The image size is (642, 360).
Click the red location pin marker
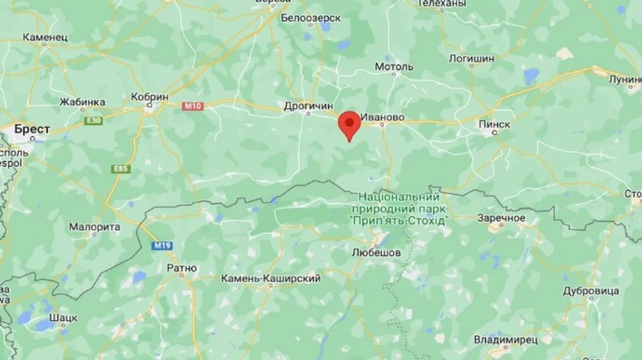click(x=349, y=125)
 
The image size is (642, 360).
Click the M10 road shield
click(x=193, y=106)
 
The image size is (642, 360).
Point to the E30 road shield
click(x=93, y=120)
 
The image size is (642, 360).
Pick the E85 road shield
click(x=121, y=169)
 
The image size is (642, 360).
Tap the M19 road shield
click(x=162, y=246)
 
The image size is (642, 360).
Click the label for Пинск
click(x=494, y=124)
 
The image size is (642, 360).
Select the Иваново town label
click(x=382, y=117)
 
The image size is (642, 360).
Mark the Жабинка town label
click(x=82, y=102)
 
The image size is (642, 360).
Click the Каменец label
click(x=44, y=36)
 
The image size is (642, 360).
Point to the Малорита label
click(x=94, y=227)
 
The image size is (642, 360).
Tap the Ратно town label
click(x=181, y=268)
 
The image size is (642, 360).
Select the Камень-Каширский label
click(x=270, y=278)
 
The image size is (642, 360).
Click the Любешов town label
click(x=376, y=252)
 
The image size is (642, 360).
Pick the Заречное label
click(x=501, y=218)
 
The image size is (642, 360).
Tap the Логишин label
click(x=472, y=58)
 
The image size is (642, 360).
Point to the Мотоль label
click(x=394, y=67)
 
